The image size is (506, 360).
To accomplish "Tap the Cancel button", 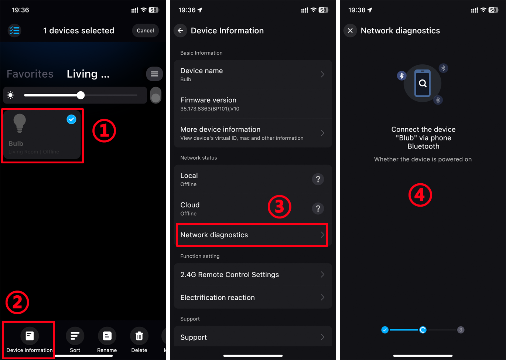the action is click(145, 31).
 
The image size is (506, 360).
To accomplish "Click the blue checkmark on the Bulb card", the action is click(71, 119).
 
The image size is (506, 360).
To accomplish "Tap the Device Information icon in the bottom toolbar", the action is click(30, 336).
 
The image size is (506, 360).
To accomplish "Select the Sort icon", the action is click(75, 336).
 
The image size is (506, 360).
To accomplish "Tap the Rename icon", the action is click(107, 336).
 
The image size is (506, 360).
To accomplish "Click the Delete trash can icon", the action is click(139, 336).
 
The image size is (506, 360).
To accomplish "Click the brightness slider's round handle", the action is click(81, 95).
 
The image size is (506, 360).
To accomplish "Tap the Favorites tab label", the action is click(30, 74).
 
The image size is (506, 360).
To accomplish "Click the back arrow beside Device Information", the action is click(180, 31).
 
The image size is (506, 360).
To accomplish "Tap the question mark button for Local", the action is click(318, 179).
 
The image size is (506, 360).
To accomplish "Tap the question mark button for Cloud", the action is click(318, 208).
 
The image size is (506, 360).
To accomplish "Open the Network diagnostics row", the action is click(252, 235).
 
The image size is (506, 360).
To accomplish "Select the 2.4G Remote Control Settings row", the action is click(253, 275).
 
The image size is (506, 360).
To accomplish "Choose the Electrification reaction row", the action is click(253, 298).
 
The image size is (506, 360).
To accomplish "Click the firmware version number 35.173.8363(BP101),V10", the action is click(210, 109).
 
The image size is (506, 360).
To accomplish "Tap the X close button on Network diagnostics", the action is click(350, 31).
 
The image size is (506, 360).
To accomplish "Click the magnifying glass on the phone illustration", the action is click(423, 84).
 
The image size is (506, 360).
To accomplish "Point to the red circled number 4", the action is click(420, 195).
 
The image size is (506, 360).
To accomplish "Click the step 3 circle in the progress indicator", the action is click(461, 330).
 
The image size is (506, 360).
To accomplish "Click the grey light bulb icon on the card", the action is click(20, 123).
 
